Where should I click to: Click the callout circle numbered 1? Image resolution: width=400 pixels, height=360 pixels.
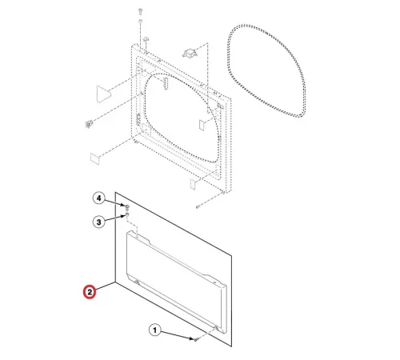pyautogui.click(x=155, y=330)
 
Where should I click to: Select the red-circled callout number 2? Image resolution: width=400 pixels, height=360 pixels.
pyautogui.click(x=90, y=292)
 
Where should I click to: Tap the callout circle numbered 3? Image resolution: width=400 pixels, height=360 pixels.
pyautogui.click(x=99, y=222)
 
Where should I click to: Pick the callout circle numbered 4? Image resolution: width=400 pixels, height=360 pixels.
pyautogui.click(x=99, y=198)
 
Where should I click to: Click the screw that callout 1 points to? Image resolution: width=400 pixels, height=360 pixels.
pyautogui.click(x=197, y=340)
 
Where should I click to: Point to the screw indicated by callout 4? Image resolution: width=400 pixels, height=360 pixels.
pyautogui.click(x=127, y=206)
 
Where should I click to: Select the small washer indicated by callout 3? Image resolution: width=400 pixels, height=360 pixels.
pyautogui.click(x=127, y=214)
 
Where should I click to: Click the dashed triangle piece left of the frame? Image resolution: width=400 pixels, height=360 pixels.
pyautogui.click(x=103, y=94)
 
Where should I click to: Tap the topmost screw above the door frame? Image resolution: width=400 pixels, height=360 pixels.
pyautogui.click(x=140, y=11)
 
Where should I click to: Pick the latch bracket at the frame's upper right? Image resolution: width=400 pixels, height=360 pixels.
pyautogui.click(x=190, y=53)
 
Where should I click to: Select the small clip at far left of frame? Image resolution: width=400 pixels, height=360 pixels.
pyautogui.click(x=89, y=124)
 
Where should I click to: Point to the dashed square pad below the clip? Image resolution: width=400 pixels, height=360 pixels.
pyautogui.click(x=95, y=158)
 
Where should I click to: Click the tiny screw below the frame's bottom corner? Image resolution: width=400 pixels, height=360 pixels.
pyautogui.click(x=198, y=206)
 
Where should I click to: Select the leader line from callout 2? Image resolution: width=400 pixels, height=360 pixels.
pyautogui.click(x=105, y=286)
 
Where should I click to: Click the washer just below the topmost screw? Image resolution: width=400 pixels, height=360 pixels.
pyautogui.click(x=140, y=21)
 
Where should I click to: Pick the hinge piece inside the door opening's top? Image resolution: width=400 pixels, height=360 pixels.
pyautogui.click(x=166, y=82)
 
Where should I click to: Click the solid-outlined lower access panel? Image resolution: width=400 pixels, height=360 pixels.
pyautogui.click(x=174, y=269)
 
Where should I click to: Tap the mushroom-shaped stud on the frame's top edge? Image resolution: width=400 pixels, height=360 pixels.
pyautogui.click(x=146, y=40)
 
